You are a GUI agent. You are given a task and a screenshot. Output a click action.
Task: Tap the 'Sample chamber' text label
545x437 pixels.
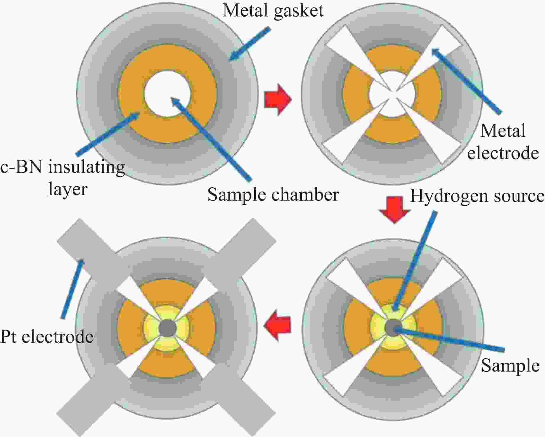pos(273,195)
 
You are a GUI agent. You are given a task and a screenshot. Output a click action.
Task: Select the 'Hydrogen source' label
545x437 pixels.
pos(477,196)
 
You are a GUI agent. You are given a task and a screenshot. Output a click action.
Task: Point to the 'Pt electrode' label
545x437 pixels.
pos(47,337)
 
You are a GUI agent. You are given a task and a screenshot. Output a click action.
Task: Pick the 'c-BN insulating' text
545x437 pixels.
pos(62,167)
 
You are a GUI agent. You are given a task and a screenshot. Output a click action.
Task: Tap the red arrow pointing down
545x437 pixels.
pos(395,209)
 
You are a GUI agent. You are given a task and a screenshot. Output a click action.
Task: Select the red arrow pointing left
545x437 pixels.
pos(277,325)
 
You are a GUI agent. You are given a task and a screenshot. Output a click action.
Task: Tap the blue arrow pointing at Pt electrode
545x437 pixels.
pos(73,289)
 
